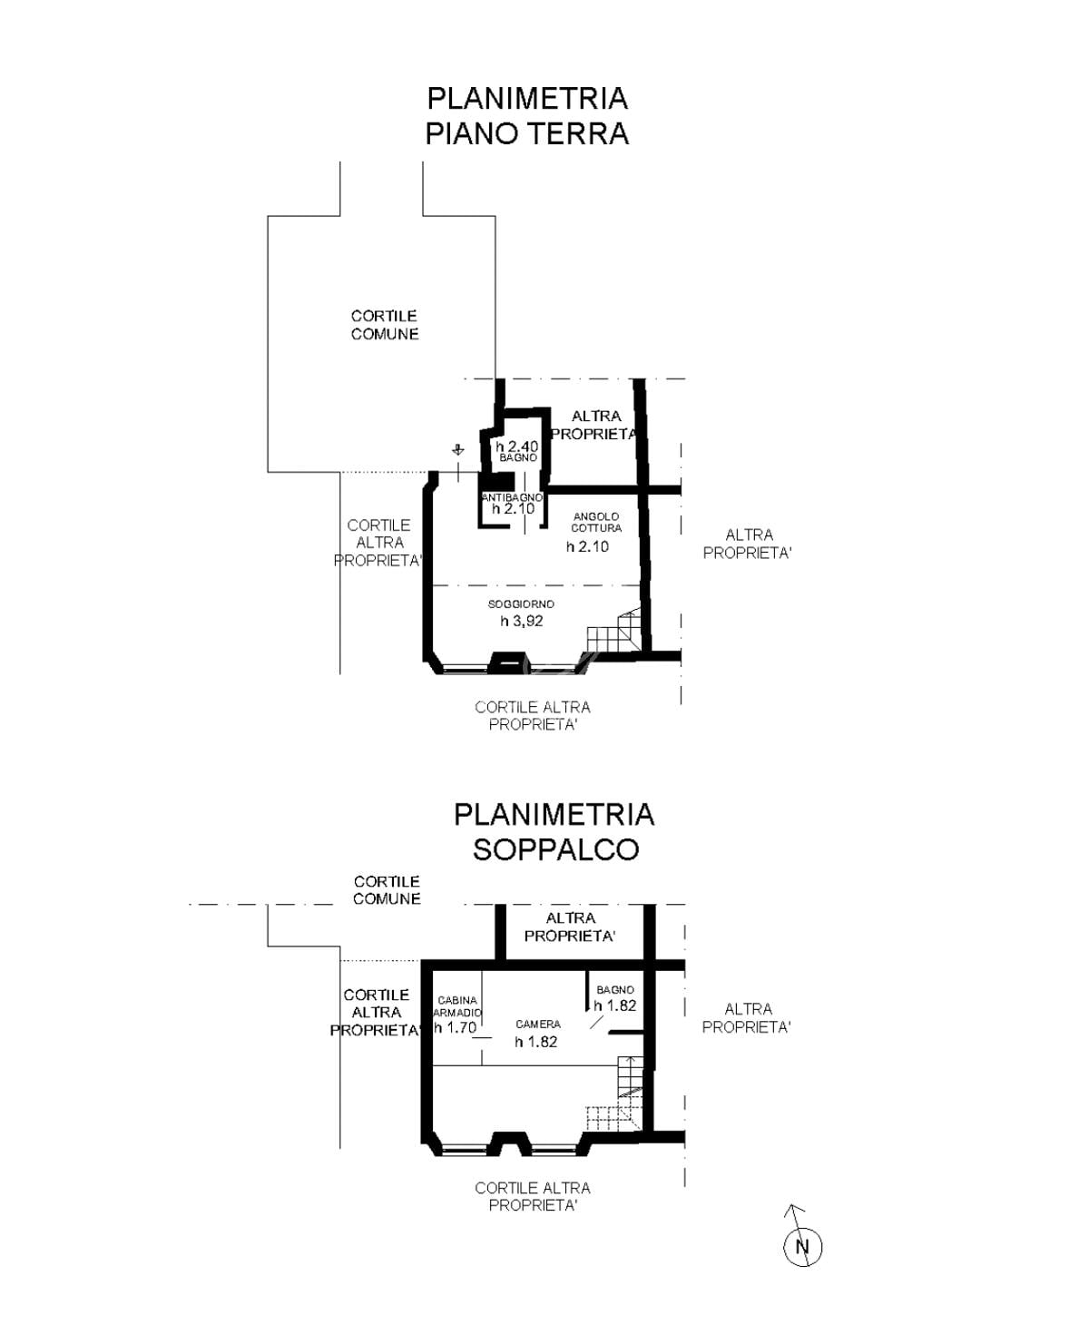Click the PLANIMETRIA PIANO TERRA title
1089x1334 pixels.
pos(526,116)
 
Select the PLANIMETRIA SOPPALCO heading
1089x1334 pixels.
pos(554,831)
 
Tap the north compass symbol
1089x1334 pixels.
pos(802,1245)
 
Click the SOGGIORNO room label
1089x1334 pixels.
pos(521,604)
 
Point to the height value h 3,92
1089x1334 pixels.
pos(521,621)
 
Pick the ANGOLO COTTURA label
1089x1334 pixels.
pos(595,522)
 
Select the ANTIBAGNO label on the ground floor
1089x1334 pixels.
pos(512,498)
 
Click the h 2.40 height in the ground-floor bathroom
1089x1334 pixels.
pos(516,446)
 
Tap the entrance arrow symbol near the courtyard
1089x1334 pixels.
pos(458,450)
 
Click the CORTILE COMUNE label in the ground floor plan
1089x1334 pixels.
pos(385,325)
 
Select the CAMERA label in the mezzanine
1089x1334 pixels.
pos(537,1024)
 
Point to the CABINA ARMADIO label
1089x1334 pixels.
pos(458,1006)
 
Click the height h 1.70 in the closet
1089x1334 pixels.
pos(456,1027)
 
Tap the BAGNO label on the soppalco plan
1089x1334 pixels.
pos(614,989)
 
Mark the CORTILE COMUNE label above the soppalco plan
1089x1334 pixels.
pos(387,890)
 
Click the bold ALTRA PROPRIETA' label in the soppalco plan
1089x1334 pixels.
pos(570,927)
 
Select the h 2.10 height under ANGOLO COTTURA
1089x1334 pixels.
pos(587,546)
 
